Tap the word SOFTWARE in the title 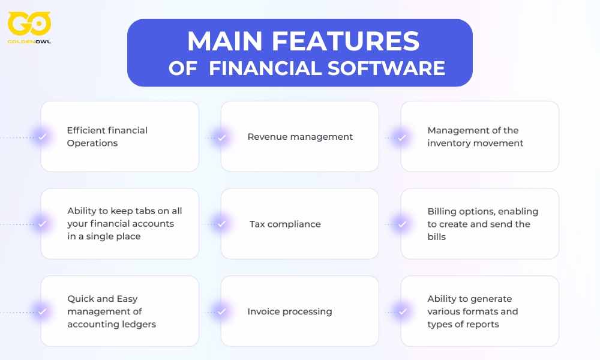pos(386,68)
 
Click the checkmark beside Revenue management pos(222,137)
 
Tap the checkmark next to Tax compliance pos(222,224)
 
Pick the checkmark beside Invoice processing pos(222,311)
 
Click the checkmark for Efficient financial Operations pos(42,137)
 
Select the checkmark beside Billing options pos(402,224)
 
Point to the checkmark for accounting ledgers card pos(42,311)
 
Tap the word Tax pos(257,224)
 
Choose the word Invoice pos(264,311)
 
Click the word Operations pos(92,143)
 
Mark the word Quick pos(80,299)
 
